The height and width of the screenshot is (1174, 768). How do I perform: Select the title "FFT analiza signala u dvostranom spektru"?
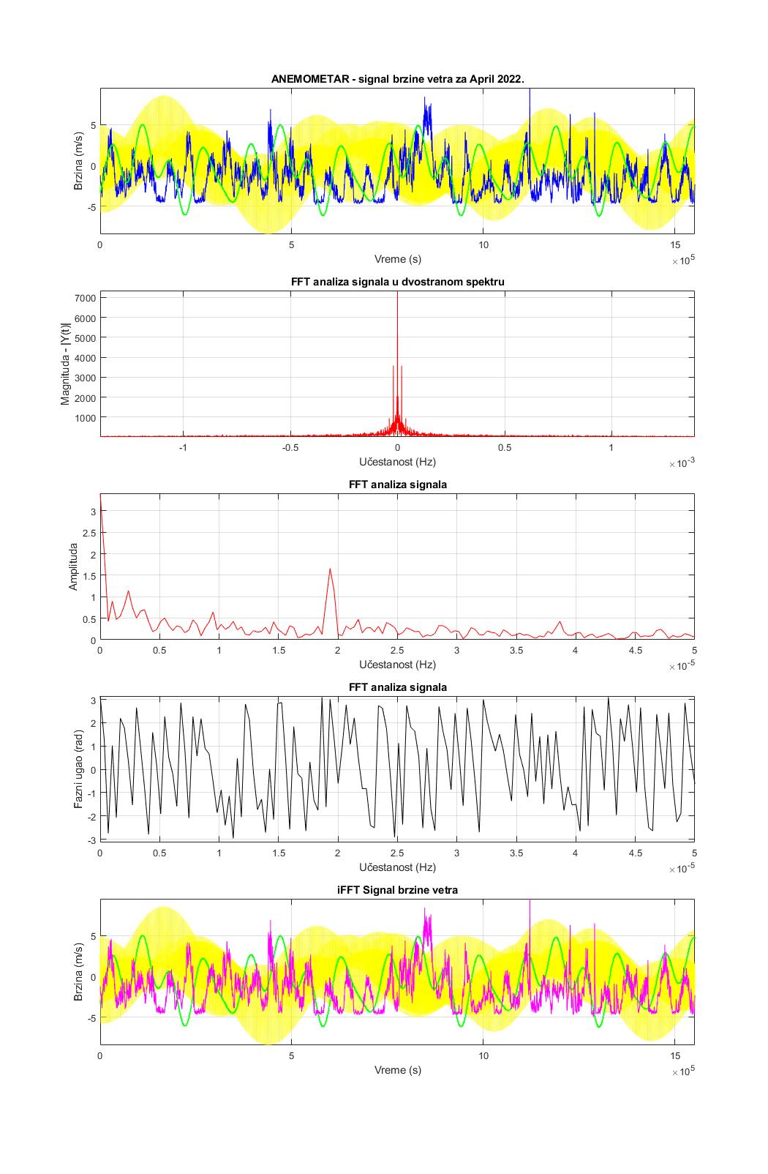397,282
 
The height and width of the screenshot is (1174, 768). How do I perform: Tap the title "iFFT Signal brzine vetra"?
397,890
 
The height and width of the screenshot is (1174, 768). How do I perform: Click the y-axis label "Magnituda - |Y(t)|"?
66,364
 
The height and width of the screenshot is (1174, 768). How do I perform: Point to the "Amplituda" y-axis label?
73,567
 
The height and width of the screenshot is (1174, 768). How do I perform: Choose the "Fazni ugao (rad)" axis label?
78,769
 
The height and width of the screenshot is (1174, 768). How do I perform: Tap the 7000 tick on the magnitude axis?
84,298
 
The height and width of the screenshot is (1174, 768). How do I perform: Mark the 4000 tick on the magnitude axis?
84,357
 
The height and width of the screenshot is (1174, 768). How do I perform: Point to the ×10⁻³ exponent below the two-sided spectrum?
681,463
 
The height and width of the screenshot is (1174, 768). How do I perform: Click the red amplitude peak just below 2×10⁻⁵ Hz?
331,569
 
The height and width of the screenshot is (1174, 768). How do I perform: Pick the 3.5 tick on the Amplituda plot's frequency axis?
516,650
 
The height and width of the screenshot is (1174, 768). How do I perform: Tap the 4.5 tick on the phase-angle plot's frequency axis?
635,853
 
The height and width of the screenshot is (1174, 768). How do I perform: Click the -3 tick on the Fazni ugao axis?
92,840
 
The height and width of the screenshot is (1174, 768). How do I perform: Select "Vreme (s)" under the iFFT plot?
397,1070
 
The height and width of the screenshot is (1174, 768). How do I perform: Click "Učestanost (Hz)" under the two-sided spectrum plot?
397,462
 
